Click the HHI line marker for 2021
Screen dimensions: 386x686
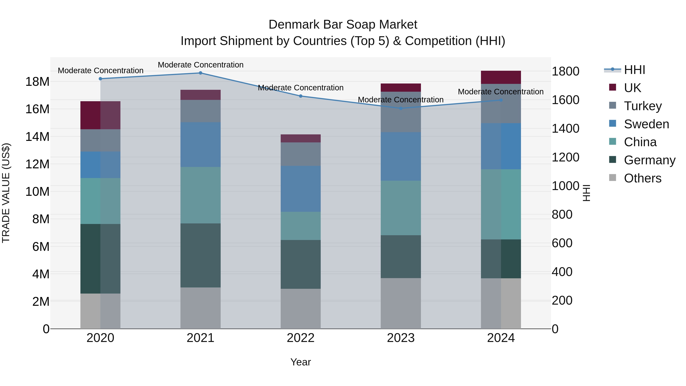[x=200, y=73]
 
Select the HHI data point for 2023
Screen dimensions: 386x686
[x=401, y=108]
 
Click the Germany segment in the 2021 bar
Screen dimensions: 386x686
[x=200, y=255]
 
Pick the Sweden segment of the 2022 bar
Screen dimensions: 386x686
[x=301, y=189]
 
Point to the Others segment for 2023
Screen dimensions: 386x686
[x=401, y=303]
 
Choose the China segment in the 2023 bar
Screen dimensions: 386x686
[x=401, y=208]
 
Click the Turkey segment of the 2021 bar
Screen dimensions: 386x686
[x=200, y=111]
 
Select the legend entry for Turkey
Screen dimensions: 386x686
[x=643, y=106]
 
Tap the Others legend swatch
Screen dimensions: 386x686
[x=612, y=178]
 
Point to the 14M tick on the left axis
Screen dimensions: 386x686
[x=37, y=137]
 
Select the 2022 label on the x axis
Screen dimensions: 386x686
[x=301, y=338]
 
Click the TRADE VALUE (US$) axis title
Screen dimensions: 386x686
[x=6, y=193]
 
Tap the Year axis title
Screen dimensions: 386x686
[x=301, y=362]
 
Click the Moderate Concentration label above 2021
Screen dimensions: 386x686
[x=200, y=65]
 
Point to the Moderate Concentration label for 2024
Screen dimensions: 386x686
[x=501, y=92]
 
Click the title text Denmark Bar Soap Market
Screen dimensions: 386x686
[x=343, y=25]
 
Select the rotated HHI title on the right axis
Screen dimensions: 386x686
[x=586, y=193]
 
